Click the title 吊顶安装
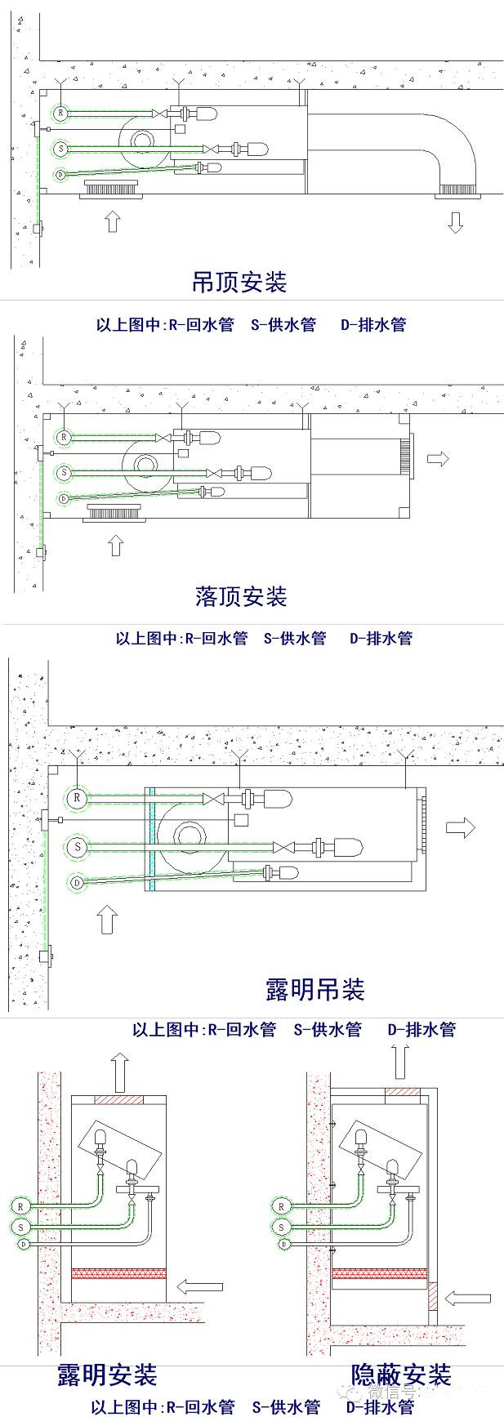[x=239, y=283]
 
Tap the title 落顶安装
[x=241, y=596]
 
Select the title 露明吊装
[x=314, y=989]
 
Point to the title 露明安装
[x=106, y=1375]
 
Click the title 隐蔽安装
[x=401, y=1375]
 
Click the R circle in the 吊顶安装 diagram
[x=60, y=112]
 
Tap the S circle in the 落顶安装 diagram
[x=64, y=473]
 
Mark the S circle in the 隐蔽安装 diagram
[x=282, y=1228]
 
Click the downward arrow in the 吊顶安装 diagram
[x=455, y=221]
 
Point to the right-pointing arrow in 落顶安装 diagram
[x=438, y=459]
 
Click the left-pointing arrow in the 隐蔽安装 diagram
[x=469, y=1298]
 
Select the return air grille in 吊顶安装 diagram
[x=112, y=190]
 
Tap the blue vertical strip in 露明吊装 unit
[x=152, y=838]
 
